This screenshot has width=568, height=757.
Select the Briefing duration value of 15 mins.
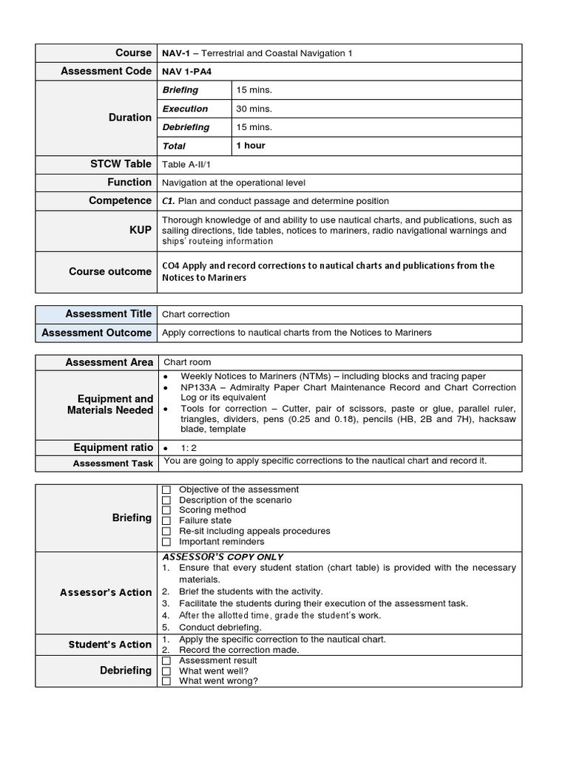[x=254, y=90]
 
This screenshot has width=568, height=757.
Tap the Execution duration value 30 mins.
[x=254, y=109]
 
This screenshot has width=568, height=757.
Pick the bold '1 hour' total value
[x=251, y=146]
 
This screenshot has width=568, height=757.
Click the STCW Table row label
[x=121, y=164]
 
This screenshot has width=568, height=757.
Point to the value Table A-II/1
[x=186, y=164]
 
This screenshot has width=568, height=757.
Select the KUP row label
[x=141, y=231]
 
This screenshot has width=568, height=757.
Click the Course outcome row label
[x=110, y=271]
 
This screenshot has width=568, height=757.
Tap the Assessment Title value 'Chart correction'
[x=196, y=314]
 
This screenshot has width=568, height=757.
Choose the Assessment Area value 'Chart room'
[x=187, y=362]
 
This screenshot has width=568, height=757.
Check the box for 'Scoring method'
[x=166, y=511]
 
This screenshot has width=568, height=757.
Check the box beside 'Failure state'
[x=166, y=521]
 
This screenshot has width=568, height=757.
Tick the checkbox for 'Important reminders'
[x=166, y=542]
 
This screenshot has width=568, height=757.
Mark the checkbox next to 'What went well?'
[x=166, y=671]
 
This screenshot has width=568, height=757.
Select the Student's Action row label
[x=110, y=645]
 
